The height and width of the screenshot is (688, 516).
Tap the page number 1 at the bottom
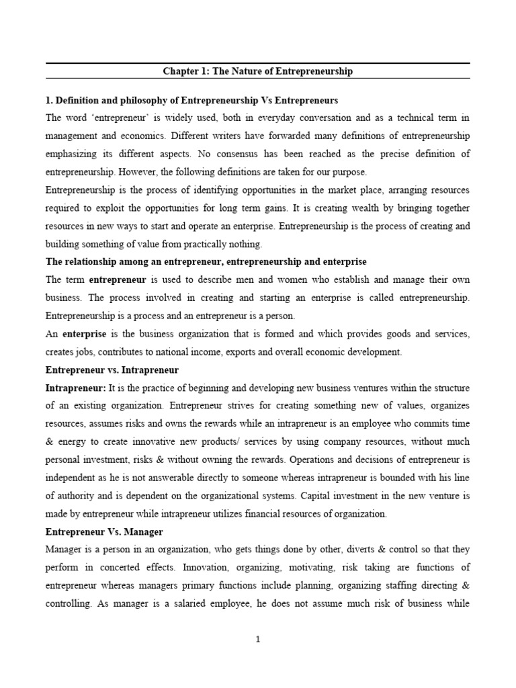pos(258,640)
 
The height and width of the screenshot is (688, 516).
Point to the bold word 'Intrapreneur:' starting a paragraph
pos(71,388)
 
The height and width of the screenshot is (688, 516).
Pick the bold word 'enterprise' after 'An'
pos(85,333)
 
